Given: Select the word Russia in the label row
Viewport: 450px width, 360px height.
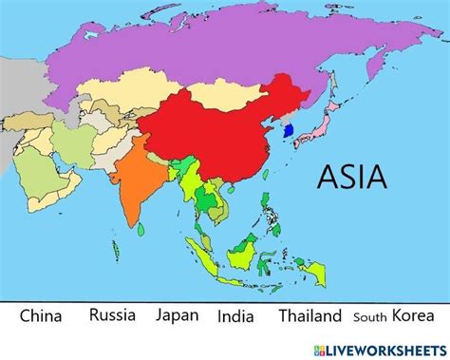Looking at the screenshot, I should click(x=112, y=314).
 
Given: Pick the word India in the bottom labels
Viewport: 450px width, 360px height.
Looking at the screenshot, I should click(x=235, y=316).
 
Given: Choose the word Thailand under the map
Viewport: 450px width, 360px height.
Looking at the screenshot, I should click(x=310, y=315).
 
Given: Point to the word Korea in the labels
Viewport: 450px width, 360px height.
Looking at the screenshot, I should click(x=412, y=315).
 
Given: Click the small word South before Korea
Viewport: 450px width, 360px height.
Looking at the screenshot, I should click(x=369, y=317).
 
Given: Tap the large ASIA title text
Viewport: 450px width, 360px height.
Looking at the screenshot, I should click(x=351, y=177).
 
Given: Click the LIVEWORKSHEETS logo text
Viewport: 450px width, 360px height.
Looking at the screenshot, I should click(x=393, y=348).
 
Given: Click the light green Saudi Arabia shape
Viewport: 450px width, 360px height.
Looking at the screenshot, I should click(x=43, y=177).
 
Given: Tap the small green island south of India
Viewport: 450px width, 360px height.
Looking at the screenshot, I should click(x=141, y=228).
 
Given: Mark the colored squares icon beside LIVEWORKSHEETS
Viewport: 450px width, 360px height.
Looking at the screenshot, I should click(x=332, y=348).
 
